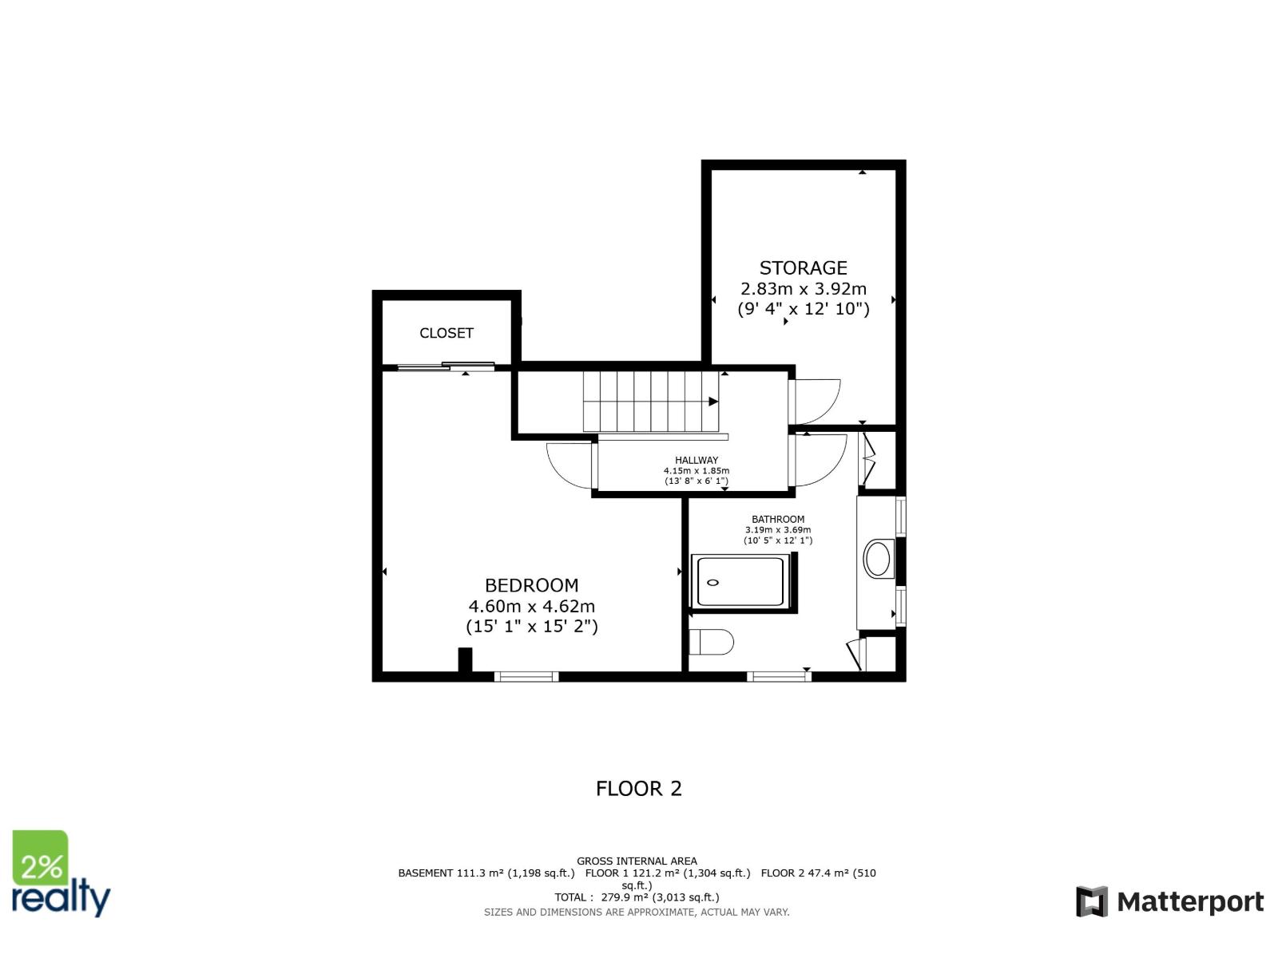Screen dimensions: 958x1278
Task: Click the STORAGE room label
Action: tap(803, 268)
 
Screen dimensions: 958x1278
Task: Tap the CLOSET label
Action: tap(447, 333)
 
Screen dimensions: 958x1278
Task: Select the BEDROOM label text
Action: tap(531, 585)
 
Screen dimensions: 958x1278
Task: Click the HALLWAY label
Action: tap(697, 460)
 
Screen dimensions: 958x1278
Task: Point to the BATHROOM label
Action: tap(778, 519)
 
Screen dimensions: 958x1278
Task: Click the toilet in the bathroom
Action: tap(711, 642)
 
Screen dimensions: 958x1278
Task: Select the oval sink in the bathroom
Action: tap(879, 559)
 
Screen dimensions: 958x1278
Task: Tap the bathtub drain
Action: tap(713, 583)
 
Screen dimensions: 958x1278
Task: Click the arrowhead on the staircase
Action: tap(713, 402)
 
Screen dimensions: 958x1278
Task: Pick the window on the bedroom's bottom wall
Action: tap(526, 677)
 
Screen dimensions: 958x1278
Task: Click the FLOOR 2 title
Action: tap(638, 789)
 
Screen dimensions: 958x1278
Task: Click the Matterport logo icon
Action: tap(1092, 901)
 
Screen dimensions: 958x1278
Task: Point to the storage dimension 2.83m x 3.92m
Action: tap(803, 289)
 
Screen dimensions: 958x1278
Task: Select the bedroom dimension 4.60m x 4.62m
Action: tap(531, 606)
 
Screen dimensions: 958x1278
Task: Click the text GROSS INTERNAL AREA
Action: tap(637, 861)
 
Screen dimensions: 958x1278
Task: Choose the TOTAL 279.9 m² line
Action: tap(637, 897)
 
